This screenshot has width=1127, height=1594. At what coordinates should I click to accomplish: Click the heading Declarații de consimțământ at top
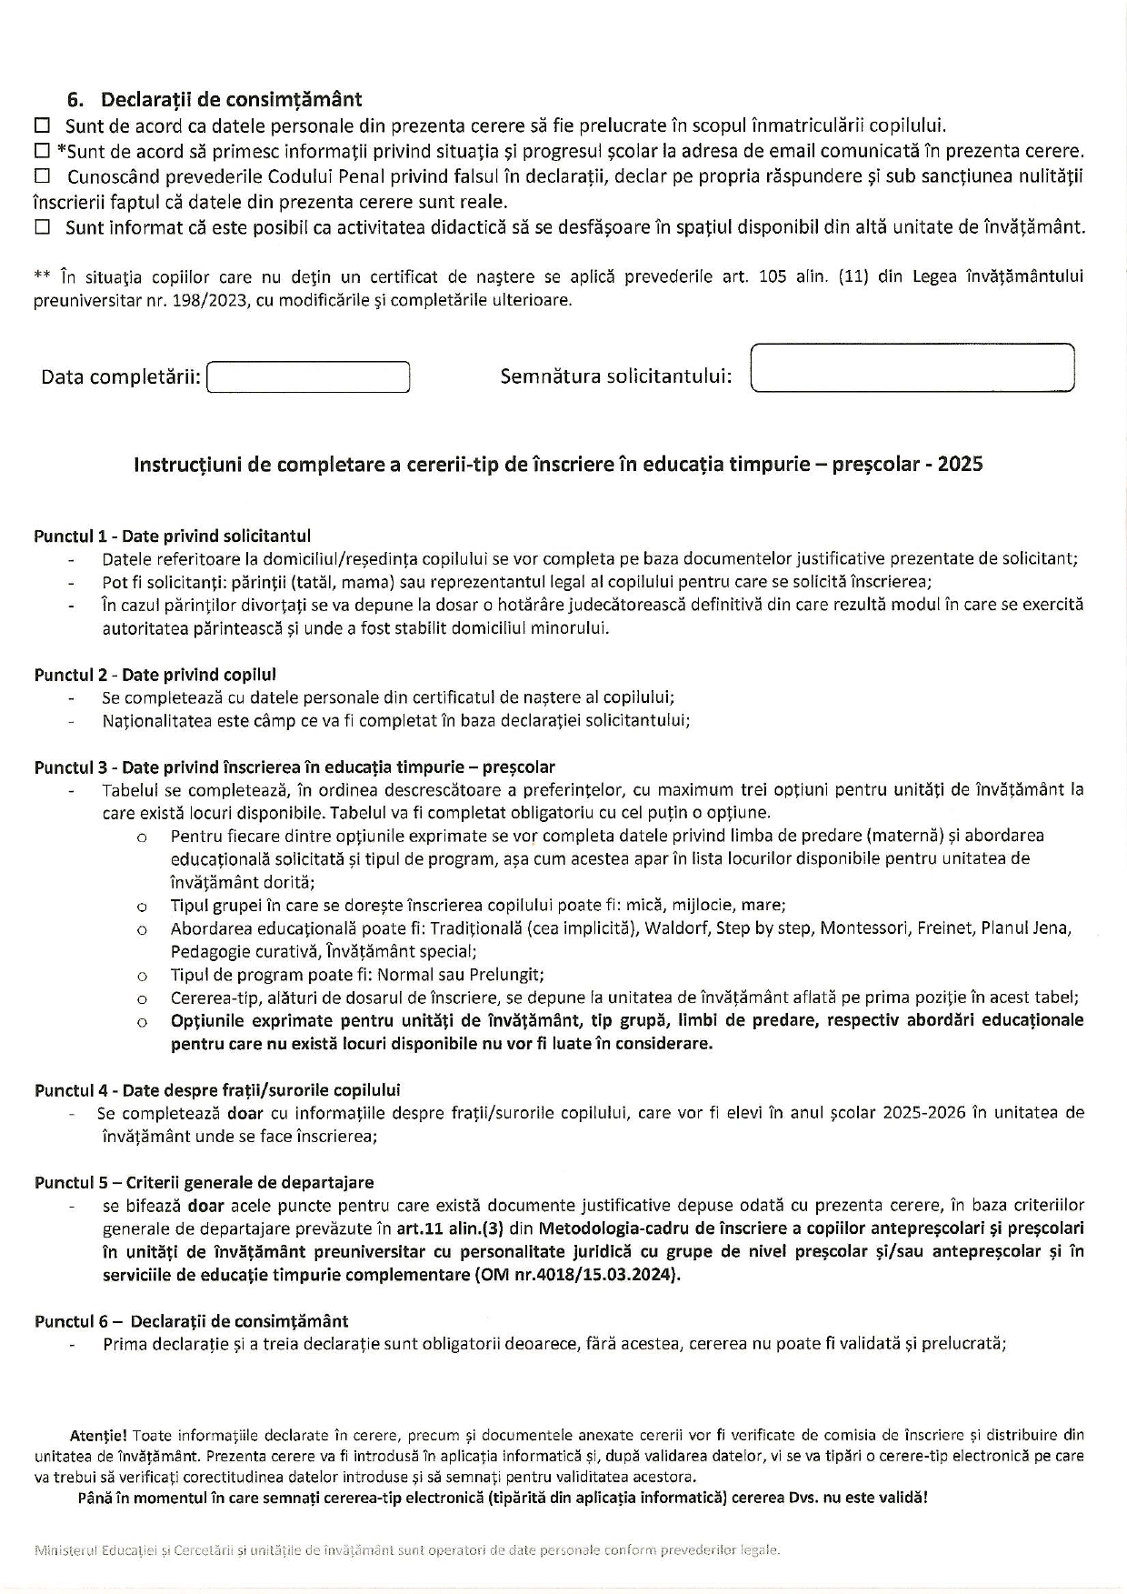click(x=231, y=99)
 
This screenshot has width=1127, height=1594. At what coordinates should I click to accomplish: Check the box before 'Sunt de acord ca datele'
click(x=42, y=125)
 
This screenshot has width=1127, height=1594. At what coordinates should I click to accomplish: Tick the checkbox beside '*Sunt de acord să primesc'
click(x=42, y=151)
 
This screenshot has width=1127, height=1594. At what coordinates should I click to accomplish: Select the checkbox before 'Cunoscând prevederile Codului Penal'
click(x=42, y=175)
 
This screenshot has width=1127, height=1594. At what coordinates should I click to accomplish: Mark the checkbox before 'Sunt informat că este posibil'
click(x=42, y=227)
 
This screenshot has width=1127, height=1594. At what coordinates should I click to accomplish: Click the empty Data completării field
click(x=308, y=376)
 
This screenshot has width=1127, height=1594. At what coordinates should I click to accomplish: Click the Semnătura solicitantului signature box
click(x=913, y=367)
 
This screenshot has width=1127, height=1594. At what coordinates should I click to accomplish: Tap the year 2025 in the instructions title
click(x=960, y=465)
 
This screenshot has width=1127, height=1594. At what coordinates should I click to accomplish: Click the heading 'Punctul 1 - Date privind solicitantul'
click(x=173, y=536)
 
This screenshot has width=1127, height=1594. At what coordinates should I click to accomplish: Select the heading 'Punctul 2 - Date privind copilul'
click(x=155, y=675)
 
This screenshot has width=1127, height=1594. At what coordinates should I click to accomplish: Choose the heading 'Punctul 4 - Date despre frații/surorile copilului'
click(x=217, y=1090)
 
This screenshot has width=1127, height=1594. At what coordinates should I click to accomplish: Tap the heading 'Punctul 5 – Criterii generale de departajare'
click(x=204, y=1183)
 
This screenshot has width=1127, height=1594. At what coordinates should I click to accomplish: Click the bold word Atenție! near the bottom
click(x=99, y=1436)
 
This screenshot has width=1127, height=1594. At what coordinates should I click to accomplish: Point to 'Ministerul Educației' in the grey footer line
click(x=96, y=1550)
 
